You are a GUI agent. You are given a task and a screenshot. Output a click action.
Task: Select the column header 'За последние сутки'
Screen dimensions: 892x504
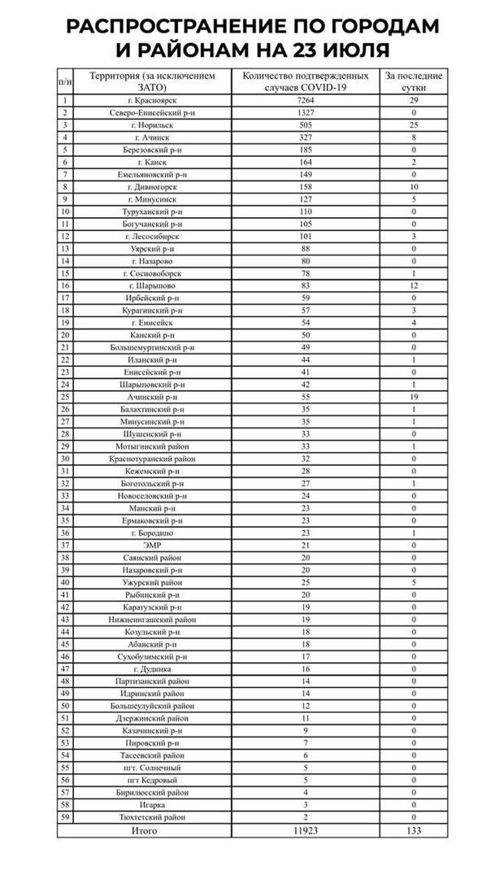click(x=414, y=80)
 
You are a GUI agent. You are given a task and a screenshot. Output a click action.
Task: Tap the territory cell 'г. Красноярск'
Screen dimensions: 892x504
click(x=154, y=100)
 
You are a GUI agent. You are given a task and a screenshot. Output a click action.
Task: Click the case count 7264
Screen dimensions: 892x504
click(x=306, y=100)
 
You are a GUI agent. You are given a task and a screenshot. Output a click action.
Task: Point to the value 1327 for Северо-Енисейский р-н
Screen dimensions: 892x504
click(x=306, y=113)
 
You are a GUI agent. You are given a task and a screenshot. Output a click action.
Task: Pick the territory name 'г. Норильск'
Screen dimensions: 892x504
click(x=154, y=125)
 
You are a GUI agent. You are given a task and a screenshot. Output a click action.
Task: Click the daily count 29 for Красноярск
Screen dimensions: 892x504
click(x=414, y=100)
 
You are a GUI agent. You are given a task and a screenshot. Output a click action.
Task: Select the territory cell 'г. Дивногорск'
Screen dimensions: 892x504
click(x=154, y=186)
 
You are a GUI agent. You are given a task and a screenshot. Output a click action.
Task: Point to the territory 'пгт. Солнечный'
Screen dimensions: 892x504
click(x=154, y=768)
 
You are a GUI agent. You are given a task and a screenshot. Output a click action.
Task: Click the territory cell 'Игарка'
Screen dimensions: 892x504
click(x=154, y=804)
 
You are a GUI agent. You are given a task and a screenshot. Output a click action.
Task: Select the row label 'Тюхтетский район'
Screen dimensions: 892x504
click(x=154, y=816)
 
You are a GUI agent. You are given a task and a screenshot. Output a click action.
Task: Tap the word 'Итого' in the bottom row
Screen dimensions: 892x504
click(x=144, y=830)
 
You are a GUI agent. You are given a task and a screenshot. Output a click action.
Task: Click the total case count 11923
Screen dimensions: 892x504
click(x=306, y=830)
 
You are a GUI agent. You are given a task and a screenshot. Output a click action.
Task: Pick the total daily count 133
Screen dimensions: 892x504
click(x=414, y=830)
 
